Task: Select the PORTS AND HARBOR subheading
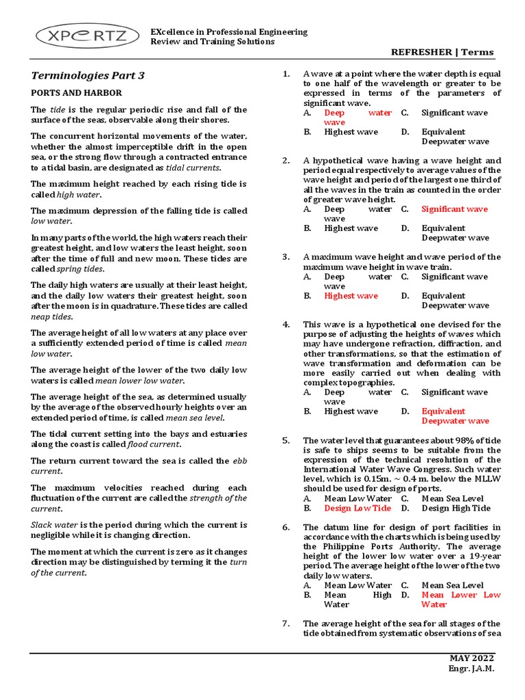point(77,92)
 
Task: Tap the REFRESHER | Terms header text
point(442,53)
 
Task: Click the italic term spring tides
point(75,269)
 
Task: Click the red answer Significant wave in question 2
point(455,209)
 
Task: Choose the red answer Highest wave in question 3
point(351,296)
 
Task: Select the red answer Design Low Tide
point(358,508)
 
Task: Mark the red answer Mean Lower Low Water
point(461,600)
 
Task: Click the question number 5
point(286,441)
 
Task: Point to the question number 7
point(286,623)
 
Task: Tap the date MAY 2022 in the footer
point(471,658)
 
